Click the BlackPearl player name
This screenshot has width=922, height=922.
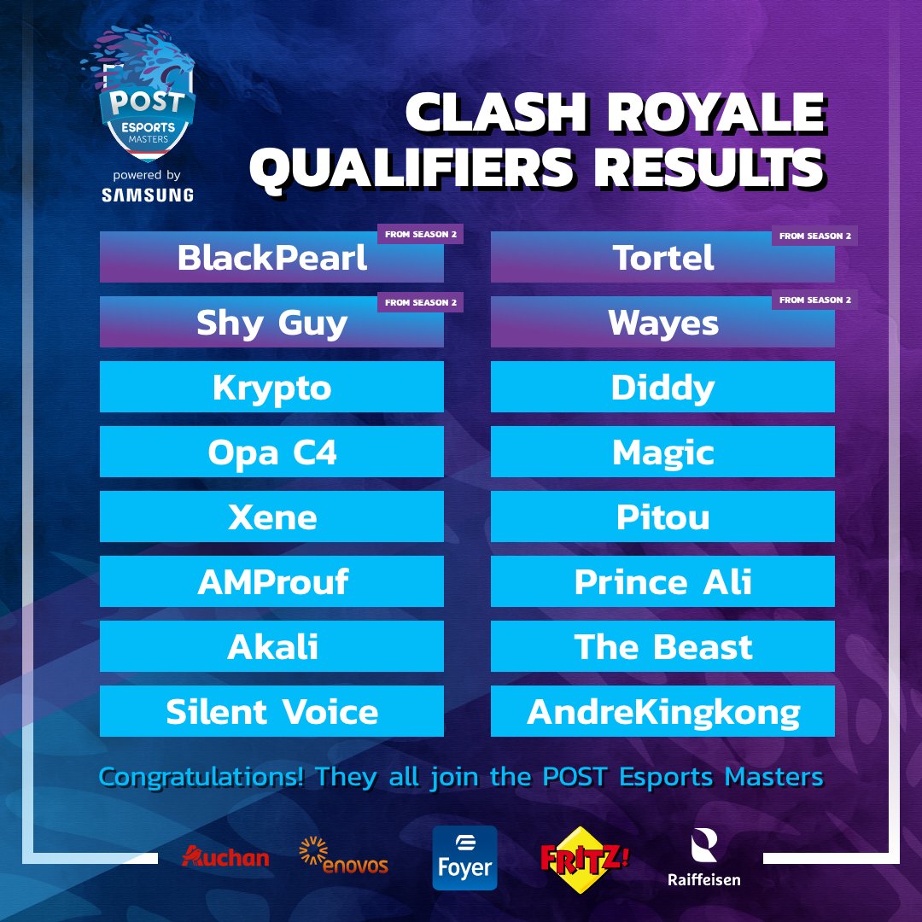[x=271, y=258]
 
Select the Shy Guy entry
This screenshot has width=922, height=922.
[x=271, y=323]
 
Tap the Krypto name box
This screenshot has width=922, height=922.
[x=271, y=388]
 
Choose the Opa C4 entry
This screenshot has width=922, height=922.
[x=271, y=452]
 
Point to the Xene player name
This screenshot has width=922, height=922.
[x=271, y=517]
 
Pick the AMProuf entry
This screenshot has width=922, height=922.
[x=271, y=582]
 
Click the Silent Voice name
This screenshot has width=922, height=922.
[x=271, y=712]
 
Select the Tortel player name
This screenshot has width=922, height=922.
[x=662, y=258]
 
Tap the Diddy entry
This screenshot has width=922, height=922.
[x=662, y=388]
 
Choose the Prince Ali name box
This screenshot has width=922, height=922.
[x=662, y=582]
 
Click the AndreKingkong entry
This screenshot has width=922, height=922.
[x=662, y=712]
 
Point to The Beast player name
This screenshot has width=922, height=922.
[x=662, y=647]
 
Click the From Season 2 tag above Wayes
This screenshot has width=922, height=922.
[x=814, y=300]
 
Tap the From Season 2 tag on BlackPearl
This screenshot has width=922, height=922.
[x=420, y=235]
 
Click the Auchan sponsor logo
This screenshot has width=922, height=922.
[x=225, y=856]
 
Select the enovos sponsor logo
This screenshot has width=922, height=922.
[x=344, y=856]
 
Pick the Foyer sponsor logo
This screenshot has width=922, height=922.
[x=464, y=858]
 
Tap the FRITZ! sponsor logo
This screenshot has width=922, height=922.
[x=585, y=856]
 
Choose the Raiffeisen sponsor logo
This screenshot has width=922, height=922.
[x=704, y=859]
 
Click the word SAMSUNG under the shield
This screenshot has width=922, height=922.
[x=147, y=195]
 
